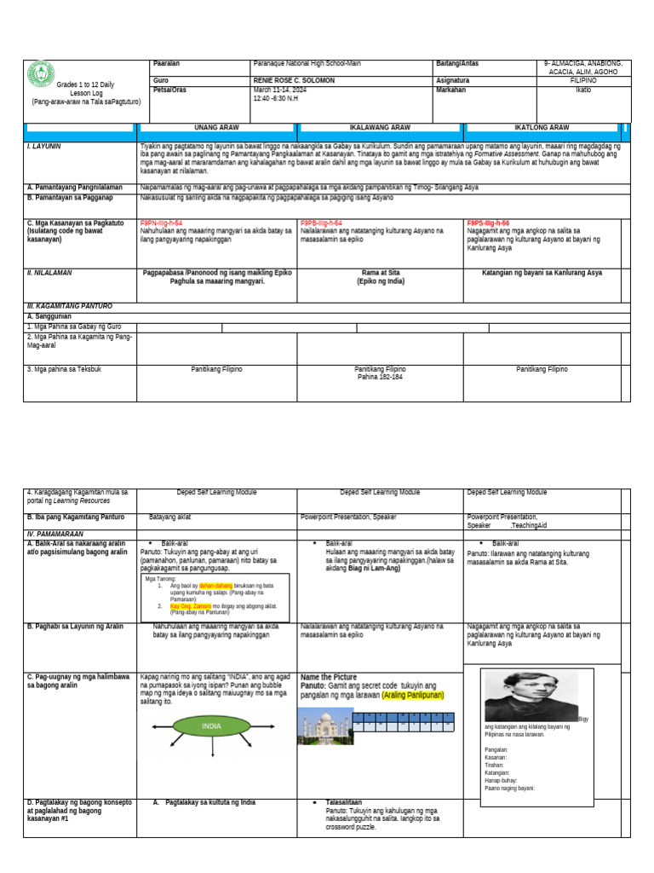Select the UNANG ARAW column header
pos(216,127)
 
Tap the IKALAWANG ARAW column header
pos(380,127)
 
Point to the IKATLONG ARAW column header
pos(542,127)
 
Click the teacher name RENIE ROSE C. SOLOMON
pos(294,80)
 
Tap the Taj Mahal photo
pos(324,727)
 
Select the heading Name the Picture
pos(329,677)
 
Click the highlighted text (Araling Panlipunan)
pos(413,695)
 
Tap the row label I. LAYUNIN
pos(43,147)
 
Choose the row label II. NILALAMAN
pos(49,273)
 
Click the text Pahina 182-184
pos(380,376)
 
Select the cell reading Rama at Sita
pos(380,273)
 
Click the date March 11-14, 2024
pos(281,89)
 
